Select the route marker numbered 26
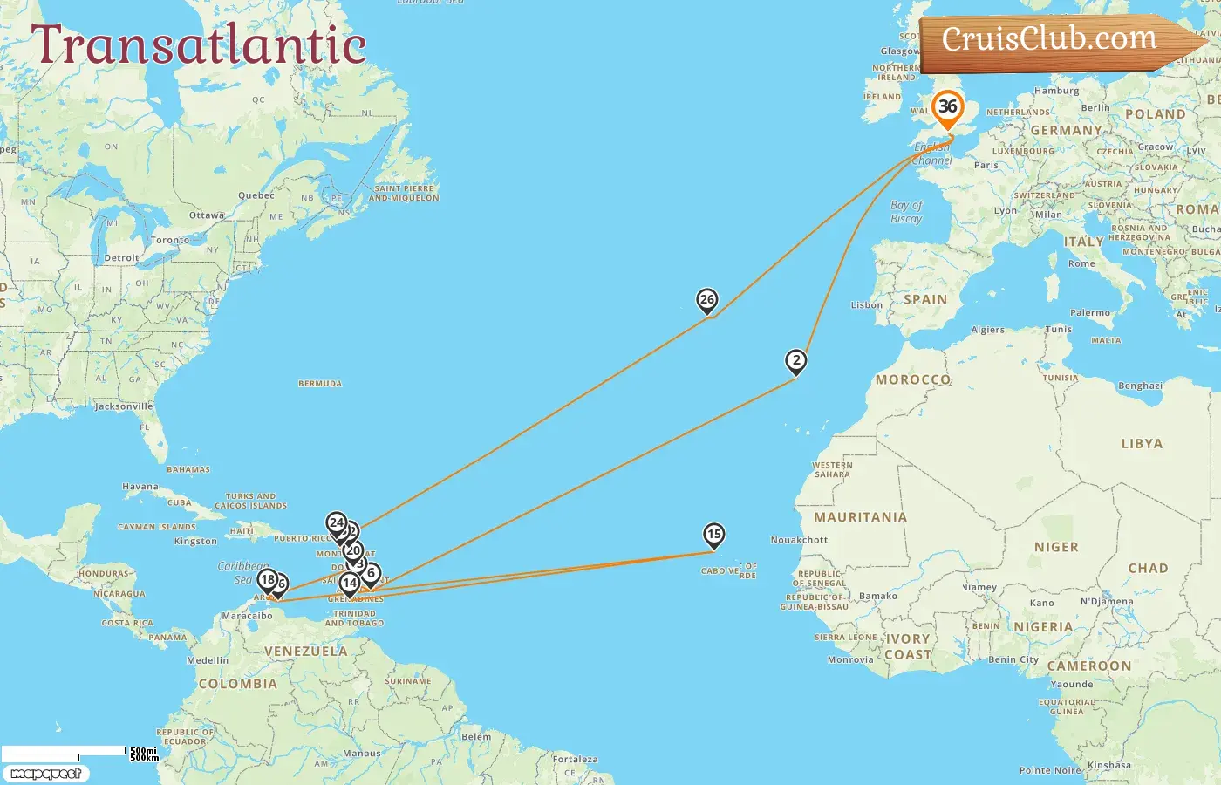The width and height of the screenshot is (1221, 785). pyautogui.click(x=707, y=301)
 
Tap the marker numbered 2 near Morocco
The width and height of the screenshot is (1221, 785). pyautogui.click(x=795, y=361)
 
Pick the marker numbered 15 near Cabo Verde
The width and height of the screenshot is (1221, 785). pyautogui.click(x=714, y=535)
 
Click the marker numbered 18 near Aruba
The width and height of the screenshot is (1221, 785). pyautogui.click(x=268, y=580)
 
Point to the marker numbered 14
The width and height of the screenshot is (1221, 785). pyautogui.click(x=349, y=584)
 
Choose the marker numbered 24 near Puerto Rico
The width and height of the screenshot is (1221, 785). pyautogui.click(x=337, y=523)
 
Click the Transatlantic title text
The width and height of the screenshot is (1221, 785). pyautogui.click(x=199, y=45)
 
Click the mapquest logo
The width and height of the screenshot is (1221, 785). pyautogui.click(x=46, y=774)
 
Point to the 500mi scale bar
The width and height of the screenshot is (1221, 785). pyautogui.click(x=65, y=751)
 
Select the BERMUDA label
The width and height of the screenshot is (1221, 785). pyautogui.click(x=320, y=384)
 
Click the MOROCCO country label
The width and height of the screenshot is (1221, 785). pyautogui.click(x=912, y=379)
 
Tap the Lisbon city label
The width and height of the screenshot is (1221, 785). pyautogui.click(x=867, y=305)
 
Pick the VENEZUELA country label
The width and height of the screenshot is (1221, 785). pyautogui.click(x=305, y=652)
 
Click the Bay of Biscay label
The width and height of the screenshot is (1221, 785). pyautogui.click(x=906, y=212)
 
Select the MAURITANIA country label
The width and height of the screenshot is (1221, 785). pyautogui.click(x=860, y=517)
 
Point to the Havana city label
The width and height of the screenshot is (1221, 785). pyautogui.click(x=140, y=487)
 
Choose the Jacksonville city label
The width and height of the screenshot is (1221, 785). pyautogui.click(x=124, y=406)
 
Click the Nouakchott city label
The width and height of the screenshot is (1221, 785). pyautogui.click(x=799, y=540)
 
